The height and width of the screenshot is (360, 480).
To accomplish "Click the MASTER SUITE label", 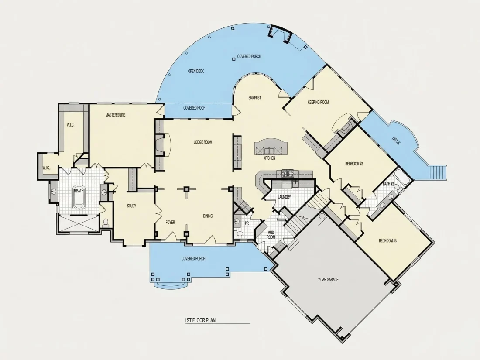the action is point(115,115).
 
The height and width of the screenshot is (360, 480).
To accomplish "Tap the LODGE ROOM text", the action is point(202,142).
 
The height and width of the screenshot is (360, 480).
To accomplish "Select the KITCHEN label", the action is point(269,158).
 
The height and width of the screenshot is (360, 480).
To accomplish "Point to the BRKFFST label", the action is point(255,98).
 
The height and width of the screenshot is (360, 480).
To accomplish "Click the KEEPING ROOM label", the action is point(318,102).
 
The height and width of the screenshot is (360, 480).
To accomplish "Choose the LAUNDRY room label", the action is point(284,197).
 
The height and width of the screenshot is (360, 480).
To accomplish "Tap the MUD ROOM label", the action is point(271,235).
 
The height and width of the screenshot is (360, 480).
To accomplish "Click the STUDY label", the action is point(131,206).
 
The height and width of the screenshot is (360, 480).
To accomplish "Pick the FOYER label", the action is point(170,222).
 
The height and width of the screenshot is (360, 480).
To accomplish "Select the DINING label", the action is point(208,216).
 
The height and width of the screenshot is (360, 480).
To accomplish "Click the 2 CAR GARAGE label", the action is point(328,279).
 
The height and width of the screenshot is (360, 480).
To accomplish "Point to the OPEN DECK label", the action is point(196,71).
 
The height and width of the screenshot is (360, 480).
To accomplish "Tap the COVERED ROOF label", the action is point(194,108).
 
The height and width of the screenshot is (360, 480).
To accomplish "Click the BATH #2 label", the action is point(388,184).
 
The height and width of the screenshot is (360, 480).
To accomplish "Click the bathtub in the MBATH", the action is point(79,197).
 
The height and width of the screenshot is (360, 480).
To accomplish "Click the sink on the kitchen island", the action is point(270,151).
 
